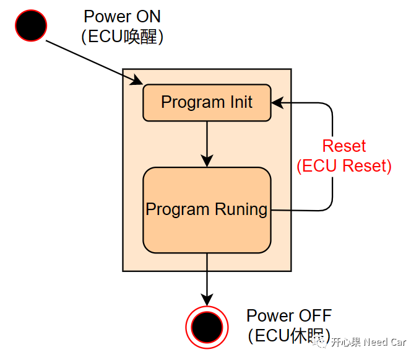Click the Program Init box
[x=207, y=102]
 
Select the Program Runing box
[x=207, y=209]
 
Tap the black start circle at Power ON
[x=30, y=25]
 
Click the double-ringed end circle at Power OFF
[x=207, y=324]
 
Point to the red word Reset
[x=344, y=146]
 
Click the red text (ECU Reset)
[x=344, y=166]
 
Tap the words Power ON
[x=122, y=17]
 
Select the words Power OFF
[x=289, y=315]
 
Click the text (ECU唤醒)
[x=122, y=37]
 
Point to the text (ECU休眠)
[x=289, y=335]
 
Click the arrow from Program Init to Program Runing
[x=207, y=144]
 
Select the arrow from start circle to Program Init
[x=93, y=61]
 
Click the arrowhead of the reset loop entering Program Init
[x=277, y=102]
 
